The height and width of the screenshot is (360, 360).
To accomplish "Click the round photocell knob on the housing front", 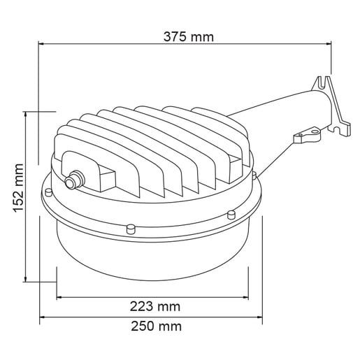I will pyautogui.click(x=71, y=182).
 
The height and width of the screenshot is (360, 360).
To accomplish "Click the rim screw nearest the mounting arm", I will pyautogui.click(x=254, y=174).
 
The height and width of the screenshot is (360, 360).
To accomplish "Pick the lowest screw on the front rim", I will pyautogui.click(x=131, y=226).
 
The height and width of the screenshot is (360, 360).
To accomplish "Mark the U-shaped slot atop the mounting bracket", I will pyautogui.click(x=323, y=81).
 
